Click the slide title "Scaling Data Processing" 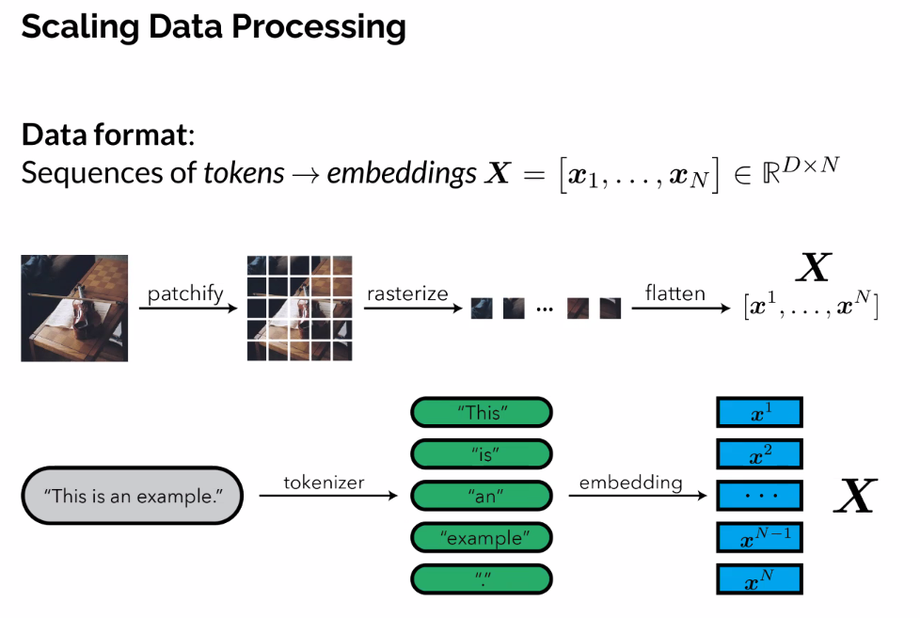pos(214,27)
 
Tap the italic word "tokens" pos(244,173)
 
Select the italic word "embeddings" pos(402,173)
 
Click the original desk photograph pos(74,308)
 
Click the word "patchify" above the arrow pos(185,293)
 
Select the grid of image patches pos(299,308)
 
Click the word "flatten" pos(674,293)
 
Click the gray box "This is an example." pos(132,495)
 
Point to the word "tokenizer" pos(324,483)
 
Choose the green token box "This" pos(482,413)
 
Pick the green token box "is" pos(482,454)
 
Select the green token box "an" pos(482,496)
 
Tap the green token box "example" pos(482,537)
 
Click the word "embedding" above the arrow pos(630,483)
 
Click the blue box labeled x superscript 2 pos(759,454)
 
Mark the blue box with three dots pos(759,496)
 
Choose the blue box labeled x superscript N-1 pos(759,537)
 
